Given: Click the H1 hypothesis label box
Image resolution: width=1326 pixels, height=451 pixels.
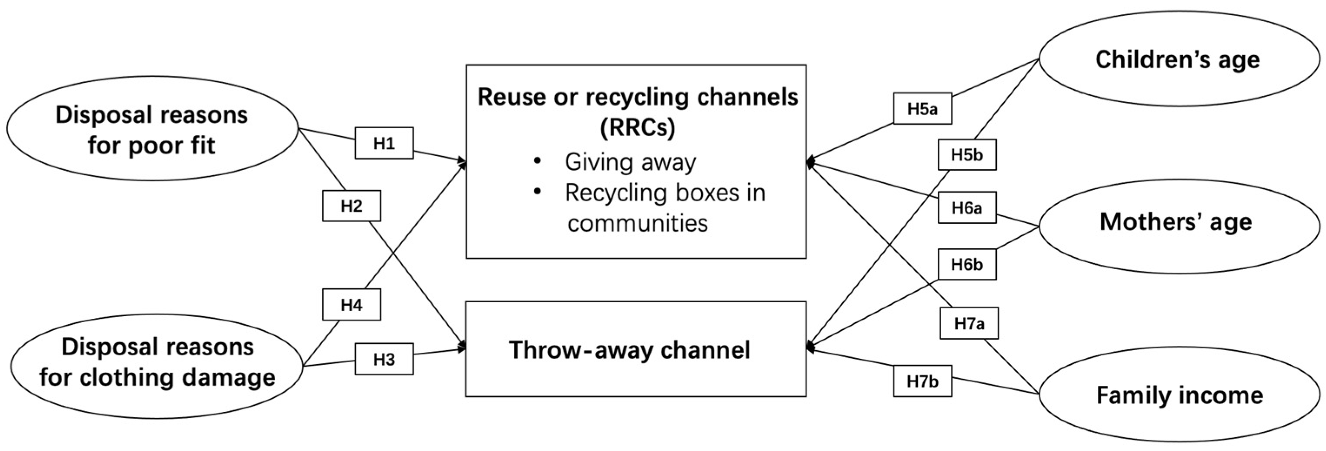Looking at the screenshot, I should pyautogui.click(x=384, y=143).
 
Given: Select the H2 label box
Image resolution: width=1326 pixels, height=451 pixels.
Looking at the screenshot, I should pyautogui.click(x=352, y=206).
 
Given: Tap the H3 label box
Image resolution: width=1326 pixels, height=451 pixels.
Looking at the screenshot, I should pyautogui.click(x=384, y=359).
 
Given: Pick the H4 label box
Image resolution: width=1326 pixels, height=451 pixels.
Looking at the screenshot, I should pyautogui.click(x=352, y=305).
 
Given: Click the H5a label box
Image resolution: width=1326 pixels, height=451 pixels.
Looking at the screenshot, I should pyautogui.click(x=923, y=109).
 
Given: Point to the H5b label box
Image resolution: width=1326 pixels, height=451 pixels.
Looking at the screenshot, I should pyautogui.click(x=967, y=154).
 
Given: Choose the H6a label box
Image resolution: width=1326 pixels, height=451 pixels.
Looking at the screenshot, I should pyautogui.click(x=967, y=207).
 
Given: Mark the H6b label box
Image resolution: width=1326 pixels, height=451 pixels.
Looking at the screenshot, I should pyautogui.click(x=967, y=264).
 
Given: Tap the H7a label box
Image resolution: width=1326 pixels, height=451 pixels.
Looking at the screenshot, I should pyautogui.click(x=969, y=323).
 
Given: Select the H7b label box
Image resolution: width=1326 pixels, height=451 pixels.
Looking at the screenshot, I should pyautogui.click(x=923, y=381).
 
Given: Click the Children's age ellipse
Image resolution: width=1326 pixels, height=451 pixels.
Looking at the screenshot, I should pyautogui.click(x=1179, y=59).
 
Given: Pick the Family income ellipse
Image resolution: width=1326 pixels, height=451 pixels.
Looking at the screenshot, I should pyautogui.click(x=1179, y=394).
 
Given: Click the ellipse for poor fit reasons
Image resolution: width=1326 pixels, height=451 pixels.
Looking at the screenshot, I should pyautogui.click(x=152, y=129).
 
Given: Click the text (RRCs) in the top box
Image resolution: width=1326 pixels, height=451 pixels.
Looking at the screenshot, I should pyautogui.click(x=637, y=127).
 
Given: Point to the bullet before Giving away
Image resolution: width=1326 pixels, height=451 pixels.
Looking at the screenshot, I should pyautogui.click(x=537, y=161).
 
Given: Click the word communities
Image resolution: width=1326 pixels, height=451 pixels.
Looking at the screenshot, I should pyautogui.click(x=637, y=224).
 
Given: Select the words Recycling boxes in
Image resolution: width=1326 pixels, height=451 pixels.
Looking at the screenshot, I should pyautogui.click(x=665, y=193).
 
